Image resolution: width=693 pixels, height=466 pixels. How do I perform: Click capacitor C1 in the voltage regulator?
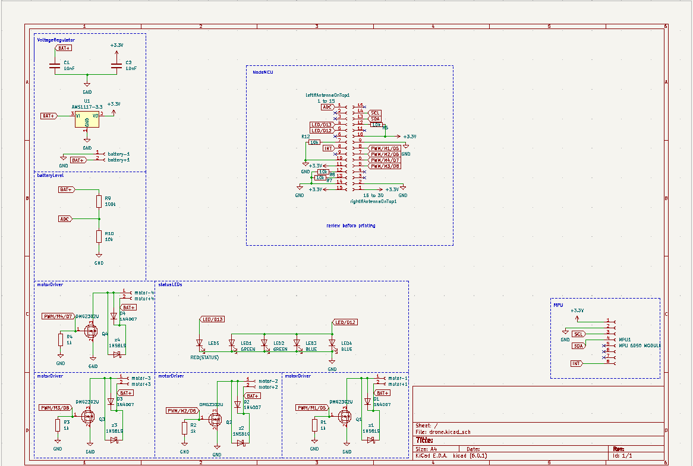(x=55, y=66)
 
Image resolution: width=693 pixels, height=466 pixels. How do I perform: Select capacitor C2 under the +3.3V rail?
(x=116, y=66)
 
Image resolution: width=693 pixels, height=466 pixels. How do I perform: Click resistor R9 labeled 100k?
(x=99, y=201)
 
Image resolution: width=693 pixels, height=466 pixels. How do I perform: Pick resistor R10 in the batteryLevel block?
(x=99, y=236)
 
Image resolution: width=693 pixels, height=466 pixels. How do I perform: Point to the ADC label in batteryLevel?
(x=65, y=219)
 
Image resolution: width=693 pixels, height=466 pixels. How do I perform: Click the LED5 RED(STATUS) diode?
(x=199, y=344)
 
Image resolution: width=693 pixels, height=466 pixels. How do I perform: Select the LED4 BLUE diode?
(x=332, y=344)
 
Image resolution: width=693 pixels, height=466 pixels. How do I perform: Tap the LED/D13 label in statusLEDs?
(x=213, y=319)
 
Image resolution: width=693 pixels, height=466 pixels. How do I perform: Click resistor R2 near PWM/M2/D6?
(x=185, y=427)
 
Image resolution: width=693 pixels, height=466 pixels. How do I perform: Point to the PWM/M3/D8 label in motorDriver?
(x=55, y=408)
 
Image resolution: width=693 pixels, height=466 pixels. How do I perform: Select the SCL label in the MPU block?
(x=578, y=334)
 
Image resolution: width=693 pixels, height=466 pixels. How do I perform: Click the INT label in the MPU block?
(x=576, y=363)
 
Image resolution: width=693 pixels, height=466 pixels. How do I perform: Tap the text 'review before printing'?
(x=351, y=226)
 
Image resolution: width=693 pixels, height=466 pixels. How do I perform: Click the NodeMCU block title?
(x=263, y=72)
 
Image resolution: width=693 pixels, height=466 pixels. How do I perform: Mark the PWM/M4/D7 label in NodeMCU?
(x=385, y=160)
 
